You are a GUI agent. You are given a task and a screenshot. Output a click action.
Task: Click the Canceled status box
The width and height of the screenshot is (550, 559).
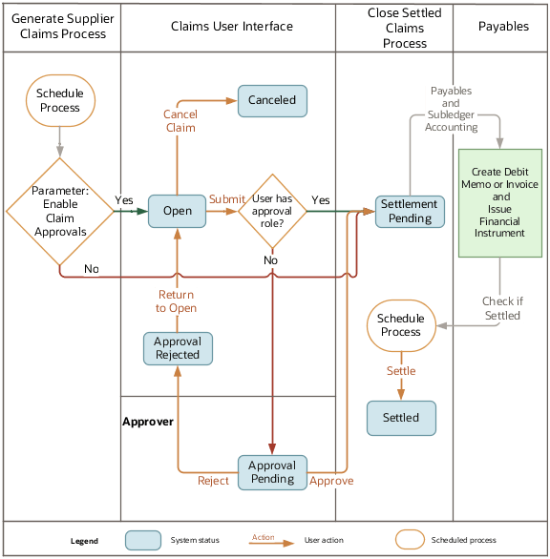272,100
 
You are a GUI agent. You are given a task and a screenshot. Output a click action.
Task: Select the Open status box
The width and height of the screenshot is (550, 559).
177,212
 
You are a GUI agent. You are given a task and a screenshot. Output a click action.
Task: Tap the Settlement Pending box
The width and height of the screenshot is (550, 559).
409,211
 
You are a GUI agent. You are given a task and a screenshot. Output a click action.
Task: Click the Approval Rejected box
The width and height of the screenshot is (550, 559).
178,348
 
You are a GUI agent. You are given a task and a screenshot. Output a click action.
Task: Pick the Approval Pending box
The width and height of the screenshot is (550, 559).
272,472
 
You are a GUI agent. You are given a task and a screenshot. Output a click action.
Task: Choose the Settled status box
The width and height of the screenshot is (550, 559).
401,418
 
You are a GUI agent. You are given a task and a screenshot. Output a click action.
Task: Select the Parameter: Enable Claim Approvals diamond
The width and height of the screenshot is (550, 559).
60,211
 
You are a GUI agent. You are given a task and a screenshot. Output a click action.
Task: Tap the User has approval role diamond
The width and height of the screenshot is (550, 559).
272,211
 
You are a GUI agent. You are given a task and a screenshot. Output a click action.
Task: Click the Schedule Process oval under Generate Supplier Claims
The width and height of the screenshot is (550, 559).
60,100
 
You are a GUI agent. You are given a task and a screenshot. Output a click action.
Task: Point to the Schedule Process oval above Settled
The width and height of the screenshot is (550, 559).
401,325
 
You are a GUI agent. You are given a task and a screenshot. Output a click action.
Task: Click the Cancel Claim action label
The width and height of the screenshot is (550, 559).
180,121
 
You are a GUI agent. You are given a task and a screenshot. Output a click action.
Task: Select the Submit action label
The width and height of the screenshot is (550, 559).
226,199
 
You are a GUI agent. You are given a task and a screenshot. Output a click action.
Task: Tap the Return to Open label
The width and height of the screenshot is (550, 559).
177,301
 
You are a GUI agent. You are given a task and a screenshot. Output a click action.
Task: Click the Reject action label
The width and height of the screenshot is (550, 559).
213,482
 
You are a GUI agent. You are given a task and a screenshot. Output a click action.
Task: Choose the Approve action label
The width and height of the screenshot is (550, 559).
331,482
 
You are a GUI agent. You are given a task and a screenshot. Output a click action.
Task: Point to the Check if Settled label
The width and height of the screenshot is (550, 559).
502,308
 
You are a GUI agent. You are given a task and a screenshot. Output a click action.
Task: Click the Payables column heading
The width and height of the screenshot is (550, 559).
503,27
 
